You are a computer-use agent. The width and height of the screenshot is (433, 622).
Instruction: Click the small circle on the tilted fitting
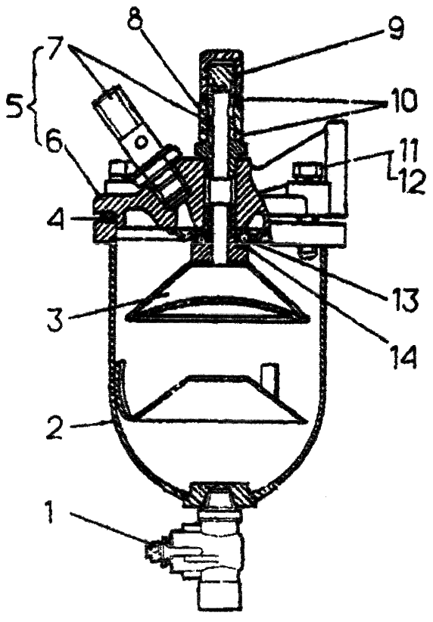(142, 142)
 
